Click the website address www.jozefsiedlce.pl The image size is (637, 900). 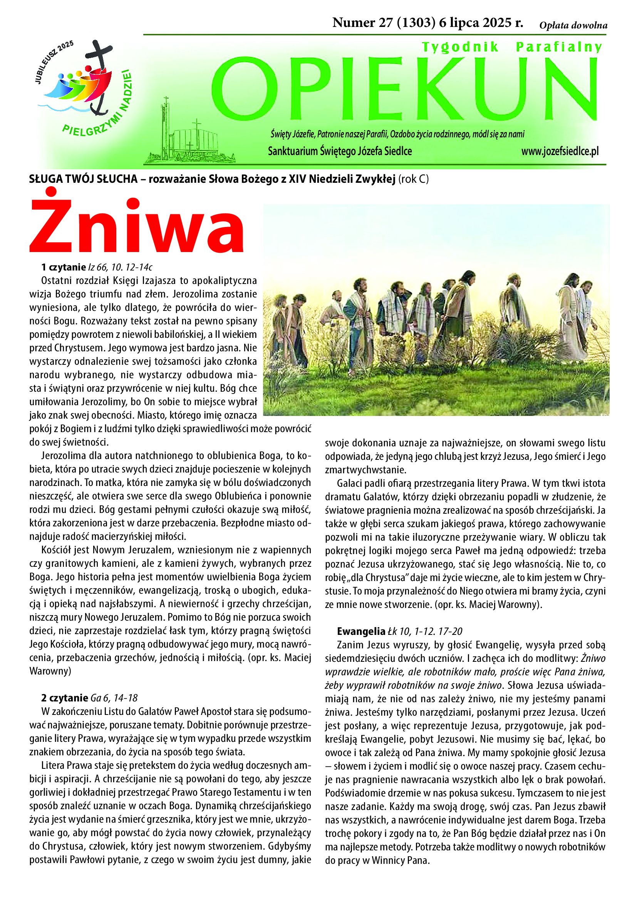tap(560, 152)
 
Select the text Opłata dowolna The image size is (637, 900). tap(573, 26)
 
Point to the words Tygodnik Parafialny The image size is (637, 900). tap(511, 47)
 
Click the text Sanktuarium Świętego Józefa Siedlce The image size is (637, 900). tap(340, 152)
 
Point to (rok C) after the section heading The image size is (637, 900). tap(413, 180)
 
